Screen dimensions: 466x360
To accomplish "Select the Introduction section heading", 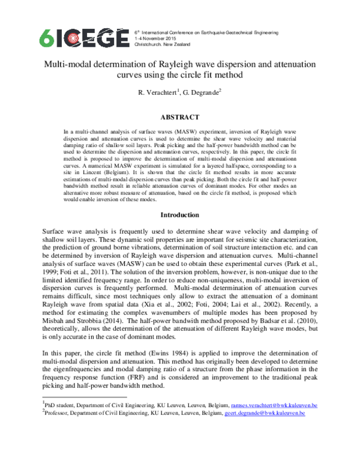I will [x=180, y=215].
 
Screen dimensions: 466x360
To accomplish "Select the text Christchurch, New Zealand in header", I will [x=163, y=45].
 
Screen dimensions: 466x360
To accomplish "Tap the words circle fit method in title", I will [x=203, y=75].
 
